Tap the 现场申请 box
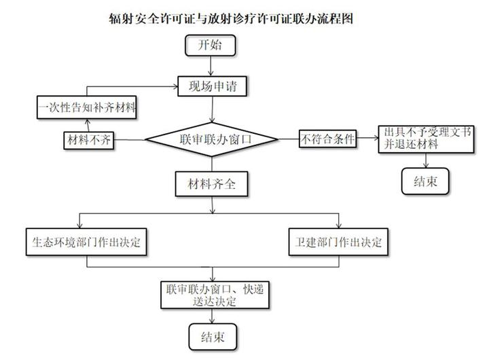212,86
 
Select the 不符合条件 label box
328,139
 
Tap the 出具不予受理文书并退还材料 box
426,137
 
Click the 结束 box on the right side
424,181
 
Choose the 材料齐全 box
211,183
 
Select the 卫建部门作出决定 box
338,242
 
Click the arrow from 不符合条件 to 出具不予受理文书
368,139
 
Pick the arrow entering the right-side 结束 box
426,162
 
